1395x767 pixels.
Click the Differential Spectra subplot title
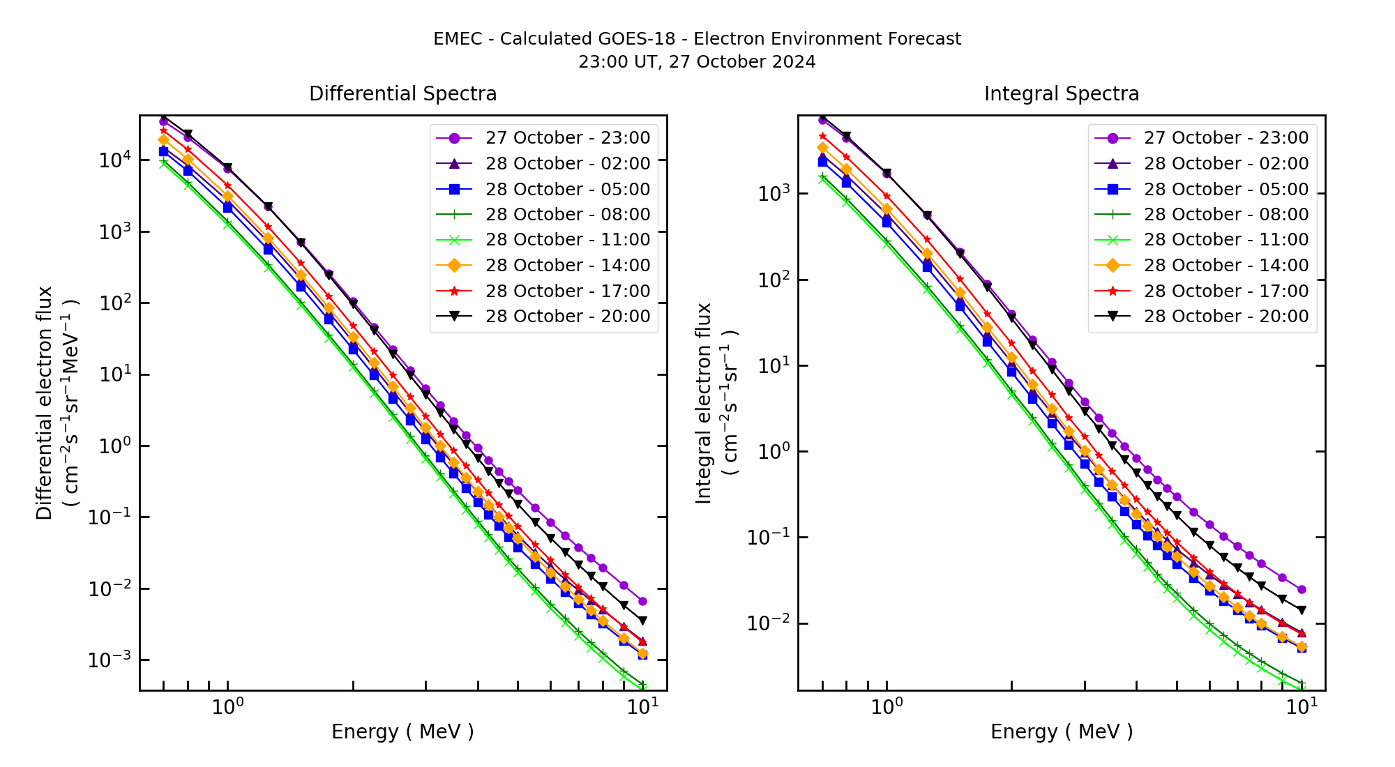pos(402,93)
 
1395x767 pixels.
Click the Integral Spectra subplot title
pos(1061,93)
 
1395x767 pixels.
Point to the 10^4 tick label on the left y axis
pos(113,160)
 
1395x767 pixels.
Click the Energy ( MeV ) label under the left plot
pos(402,731)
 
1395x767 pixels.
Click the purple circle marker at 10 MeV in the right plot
pos(1302,590)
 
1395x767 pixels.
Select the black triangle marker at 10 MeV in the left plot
pos(642,621)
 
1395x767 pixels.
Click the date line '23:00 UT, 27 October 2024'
pos(697,62)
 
